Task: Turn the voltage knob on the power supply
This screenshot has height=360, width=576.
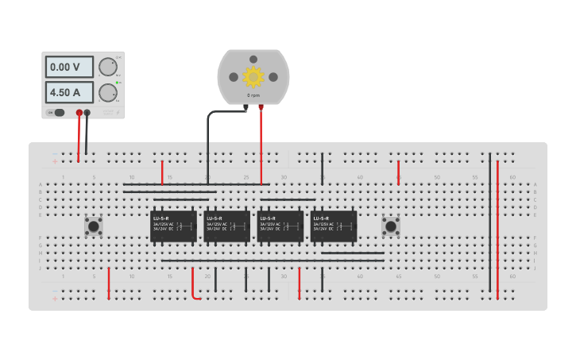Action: click(107, 67)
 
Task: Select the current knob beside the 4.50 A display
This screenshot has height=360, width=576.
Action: click(107, 93)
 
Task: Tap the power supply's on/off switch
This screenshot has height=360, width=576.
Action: click(58, 113)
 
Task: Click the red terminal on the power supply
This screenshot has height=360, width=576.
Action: click(79, 113)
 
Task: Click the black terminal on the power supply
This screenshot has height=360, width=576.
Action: click(87, 113)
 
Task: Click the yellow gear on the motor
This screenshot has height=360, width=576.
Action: click(253, 77)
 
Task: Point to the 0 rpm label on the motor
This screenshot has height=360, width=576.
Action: click(253, 95)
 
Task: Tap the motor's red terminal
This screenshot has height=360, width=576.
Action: click(261, 106)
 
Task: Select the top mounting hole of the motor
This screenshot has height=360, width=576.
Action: click(253, 59)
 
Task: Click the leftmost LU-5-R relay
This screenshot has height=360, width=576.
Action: click(173, 226)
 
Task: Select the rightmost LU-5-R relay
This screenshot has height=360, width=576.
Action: click(334, 226)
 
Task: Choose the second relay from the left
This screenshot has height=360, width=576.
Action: click(226, 226)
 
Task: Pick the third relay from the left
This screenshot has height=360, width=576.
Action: click(280, 226)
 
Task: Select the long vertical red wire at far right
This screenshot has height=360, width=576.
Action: click(498, 230)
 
